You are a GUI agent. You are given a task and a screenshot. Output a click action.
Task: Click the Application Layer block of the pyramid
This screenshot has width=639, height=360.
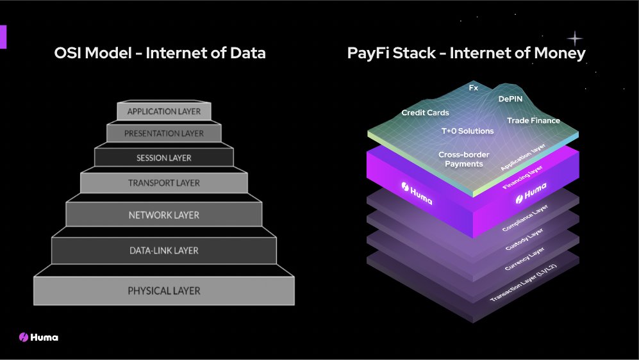(163, 111)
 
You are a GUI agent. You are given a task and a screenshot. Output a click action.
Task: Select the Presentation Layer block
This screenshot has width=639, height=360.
(163, 134)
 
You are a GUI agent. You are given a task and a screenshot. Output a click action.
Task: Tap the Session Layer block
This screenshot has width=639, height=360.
(163, 158)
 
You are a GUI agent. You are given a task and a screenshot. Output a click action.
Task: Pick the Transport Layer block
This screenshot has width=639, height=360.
(163, 183)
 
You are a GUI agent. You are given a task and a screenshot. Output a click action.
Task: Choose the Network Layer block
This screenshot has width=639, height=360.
(163, 215)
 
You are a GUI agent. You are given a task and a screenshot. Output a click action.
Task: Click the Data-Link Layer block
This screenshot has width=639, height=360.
(163, 250)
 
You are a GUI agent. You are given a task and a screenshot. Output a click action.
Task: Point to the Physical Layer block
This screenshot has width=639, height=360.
(163, 291)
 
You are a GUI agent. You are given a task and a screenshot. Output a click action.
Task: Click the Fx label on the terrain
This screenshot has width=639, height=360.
(474, 87)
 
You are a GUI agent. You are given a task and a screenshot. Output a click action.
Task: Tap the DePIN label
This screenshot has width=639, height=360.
(511, 99)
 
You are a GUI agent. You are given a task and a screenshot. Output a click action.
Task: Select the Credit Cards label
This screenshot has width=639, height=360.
(425, 113)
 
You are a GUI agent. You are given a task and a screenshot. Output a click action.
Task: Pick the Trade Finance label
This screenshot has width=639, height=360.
(533, 120)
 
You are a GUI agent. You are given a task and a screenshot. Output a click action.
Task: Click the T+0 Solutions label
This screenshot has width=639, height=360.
(467, 131)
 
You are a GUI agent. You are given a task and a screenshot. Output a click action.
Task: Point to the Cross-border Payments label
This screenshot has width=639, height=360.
(460, 159)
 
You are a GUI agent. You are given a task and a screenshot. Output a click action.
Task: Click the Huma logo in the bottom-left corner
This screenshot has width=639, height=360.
(38, 337)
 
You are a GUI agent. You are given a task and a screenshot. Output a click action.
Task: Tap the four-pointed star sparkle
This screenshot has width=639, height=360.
(574, 38)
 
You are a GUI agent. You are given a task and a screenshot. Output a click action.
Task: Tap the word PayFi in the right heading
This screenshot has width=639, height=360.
(367, 54)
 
